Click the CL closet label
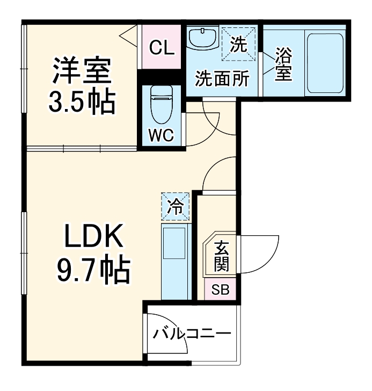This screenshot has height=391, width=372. point(161,49)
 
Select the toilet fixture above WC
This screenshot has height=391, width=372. point(161,105)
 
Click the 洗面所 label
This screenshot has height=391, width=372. point(222,79)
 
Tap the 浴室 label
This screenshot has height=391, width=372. point(283,64)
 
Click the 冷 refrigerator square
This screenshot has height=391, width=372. point(175,206)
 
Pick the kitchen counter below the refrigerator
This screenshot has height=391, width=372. point(175,260)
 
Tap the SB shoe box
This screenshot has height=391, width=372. point(220,290)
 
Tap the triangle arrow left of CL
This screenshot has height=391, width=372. point(128,37)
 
